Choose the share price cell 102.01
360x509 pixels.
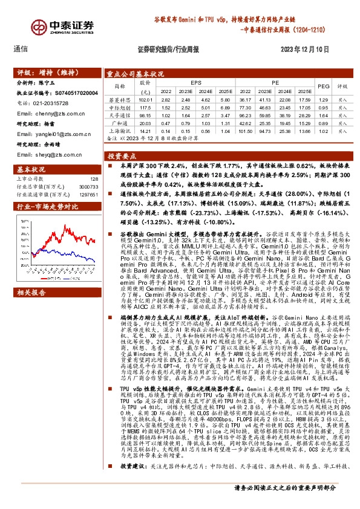[x=145, y=99]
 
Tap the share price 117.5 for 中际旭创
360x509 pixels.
[x=145, y=106]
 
